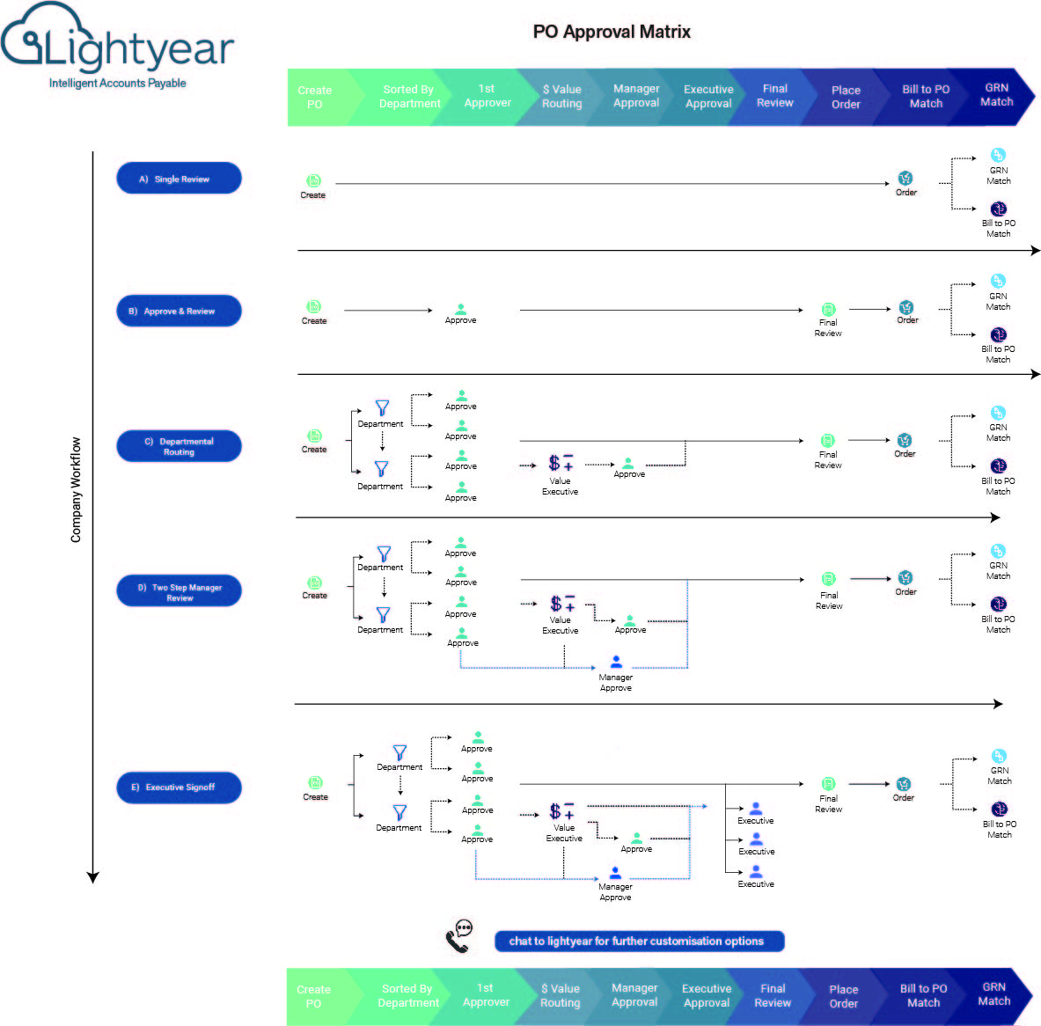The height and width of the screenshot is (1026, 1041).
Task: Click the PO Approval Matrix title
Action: click(x=612, y=32)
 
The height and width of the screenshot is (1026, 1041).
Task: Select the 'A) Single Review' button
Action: click(x=179, y=179)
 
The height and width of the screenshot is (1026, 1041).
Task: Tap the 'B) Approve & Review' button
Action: click(x=179, y=311)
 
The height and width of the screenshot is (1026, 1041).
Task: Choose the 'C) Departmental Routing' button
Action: click(x=179, y=446)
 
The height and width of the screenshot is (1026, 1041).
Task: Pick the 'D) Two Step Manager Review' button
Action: click(x=179, y=591)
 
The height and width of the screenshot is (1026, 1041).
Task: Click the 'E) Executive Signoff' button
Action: click(x=179, y=787)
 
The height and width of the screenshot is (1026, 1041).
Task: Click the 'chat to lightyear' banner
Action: click(x=639, y=941)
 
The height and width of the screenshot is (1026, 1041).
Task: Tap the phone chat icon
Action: click(x=459, y=936)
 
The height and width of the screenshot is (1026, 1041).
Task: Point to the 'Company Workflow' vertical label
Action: click(x=76, y=489)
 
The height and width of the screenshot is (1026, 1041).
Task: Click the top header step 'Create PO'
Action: click(x=315, y=97)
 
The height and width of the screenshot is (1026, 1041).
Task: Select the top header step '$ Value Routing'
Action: click(x=562, y=96)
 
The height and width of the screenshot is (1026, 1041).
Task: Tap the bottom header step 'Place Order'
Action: click(x=843, y=996)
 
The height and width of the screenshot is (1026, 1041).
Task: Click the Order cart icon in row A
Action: click(x=905, y=179)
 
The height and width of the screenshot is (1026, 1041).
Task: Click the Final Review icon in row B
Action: click(x=828, y=310)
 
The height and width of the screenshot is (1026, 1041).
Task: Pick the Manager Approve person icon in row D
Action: click(x=616, y=662)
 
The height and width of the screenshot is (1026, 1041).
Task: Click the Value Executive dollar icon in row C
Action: click(x=561, y=463)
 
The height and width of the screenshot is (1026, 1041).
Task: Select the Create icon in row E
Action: click(x=315, y=782)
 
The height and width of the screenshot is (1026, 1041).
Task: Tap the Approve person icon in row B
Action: click(x=461, y=309)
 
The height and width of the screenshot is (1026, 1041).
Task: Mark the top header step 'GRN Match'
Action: click(x=996, y=95)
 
